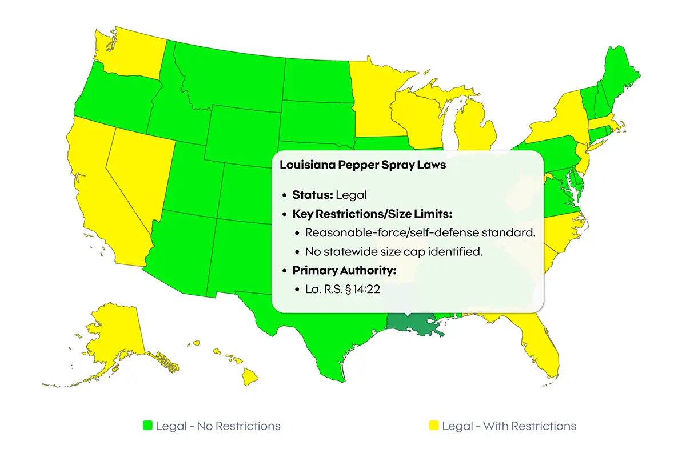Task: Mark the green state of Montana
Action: (x=229, y=74)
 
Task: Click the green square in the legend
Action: (x=148, y=426)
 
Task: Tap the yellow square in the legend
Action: (x=434, y=426)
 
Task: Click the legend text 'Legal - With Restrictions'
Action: (x=509, y=426)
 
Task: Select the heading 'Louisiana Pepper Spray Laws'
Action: (x=363, y=165)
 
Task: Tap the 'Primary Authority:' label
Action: (x=336, y=270)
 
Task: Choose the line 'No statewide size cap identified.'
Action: (x=394, y=251)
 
